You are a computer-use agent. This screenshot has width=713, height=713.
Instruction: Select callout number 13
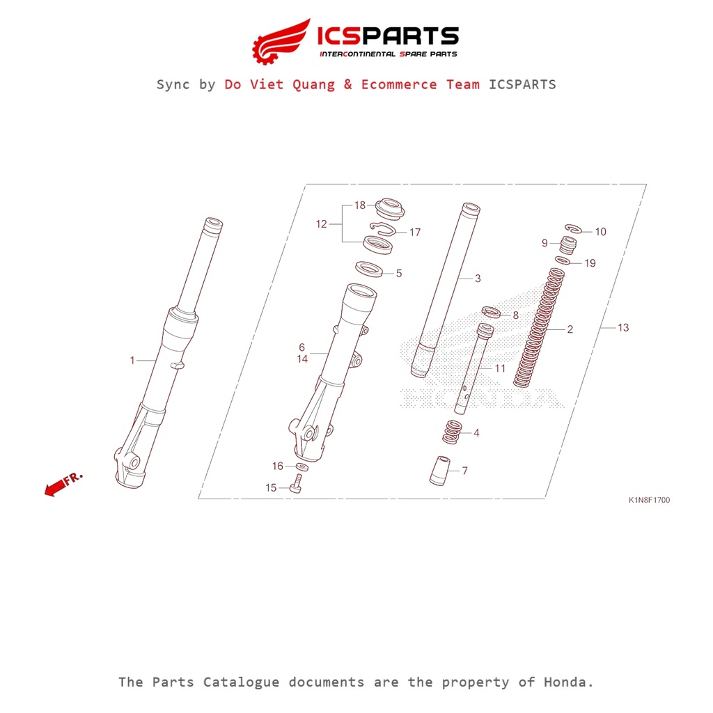(x=622, y=327)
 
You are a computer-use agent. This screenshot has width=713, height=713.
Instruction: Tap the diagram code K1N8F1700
(x=649, y=500)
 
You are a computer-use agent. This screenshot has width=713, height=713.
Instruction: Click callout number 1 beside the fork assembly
(x=132, y=360)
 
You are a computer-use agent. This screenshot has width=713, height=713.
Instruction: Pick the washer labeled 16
(x=301, y=466)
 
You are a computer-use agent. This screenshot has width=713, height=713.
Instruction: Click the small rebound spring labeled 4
(x=453, y=432)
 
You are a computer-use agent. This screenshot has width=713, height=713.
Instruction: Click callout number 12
(x=321, y=224)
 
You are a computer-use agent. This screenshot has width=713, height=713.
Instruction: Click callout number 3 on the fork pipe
(x=478, y=279)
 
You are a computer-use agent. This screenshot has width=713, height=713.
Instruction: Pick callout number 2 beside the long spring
(x=570, y=329)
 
